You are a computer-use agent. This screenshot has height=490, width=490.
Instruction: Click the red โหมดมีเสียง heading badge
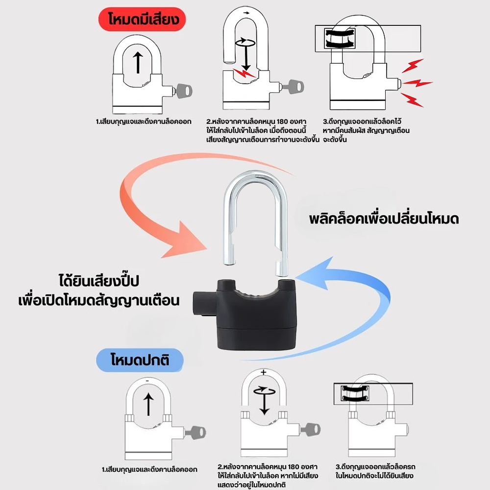click(x=142, y=19)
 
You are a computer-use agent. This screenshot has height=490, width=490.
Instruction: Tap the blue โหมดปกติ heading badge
click(x=140, y=360)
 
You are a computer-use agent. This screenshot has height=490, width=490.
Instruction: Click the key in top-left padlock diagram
click(x=183, y=91)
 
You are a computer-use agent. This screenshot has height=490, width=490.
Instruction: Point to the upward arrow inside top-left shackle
click(x=138, y=63)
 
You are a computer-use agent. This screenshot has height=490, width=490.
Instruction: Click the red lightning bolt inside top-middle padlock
click(x=245, y=73)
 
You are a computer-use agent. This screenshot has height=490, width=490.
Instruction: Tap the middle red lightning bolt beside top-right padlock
click(x=417, y=83)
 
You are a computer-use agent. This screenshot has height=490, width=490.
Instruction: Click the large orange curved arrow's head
click(x=184, y=240)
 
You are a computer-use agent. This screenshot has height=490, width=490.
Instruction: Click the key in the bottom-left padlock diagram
click(x=196, y=433)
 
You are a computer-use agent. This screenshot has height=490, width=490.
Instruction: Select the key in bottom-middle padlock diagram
click(x=310, y=430)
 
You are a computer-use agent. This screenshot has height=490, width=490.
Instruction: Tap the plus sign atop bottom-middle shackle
click(x=264, y=372)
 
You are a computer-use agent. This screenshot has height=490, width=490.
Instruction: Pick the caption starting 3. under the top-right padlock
click(x=366, y=130)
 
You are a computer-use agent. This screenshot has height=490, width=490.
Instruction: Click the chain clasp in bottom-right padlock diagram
click(x=355, y=393)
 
